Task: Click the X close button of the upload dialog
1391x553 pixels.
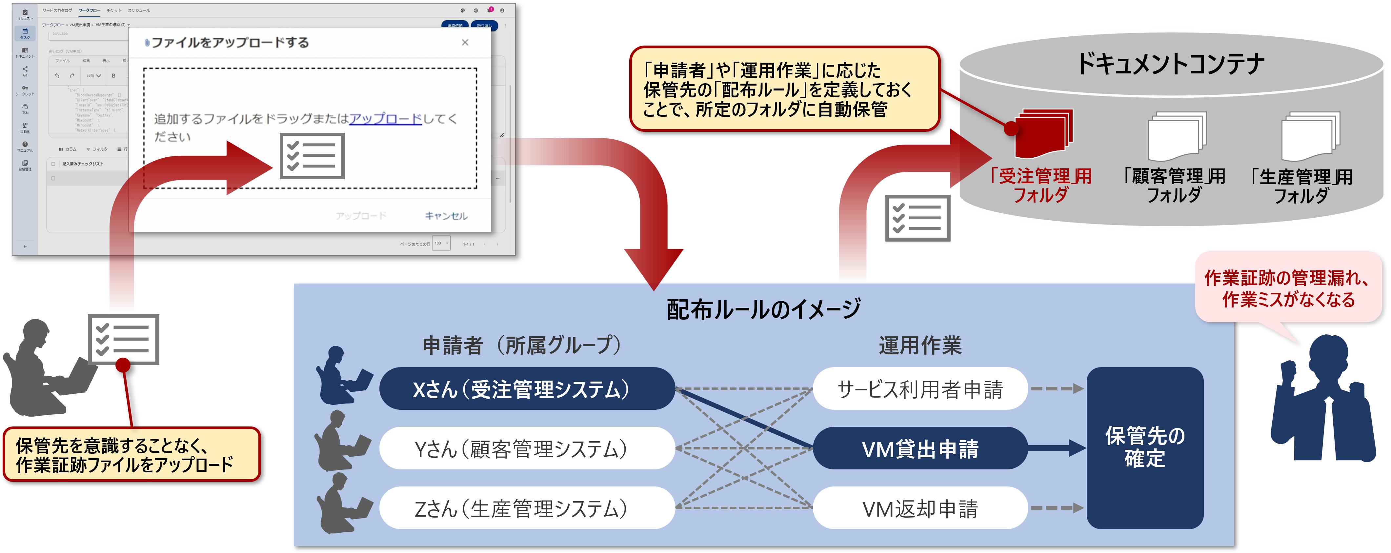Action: tap(465, 42)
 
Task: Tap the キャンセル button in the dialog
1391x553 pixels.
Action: tap(446, 216)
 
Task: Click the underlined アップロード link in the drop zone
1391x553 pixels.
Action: tap(385, 119)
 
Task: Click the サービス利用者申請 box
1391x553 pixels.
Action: tap(919, 389)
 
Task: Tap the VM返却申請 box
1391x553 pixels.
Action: tap(919, 508)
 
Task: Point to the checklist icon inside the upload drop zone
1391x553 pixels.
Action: tap(312, 156)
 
